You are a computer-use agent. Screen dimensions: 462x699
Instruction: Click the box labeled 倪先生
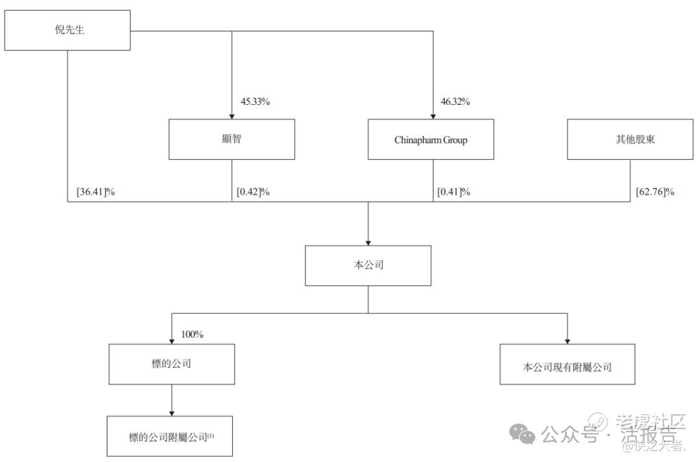click(x=67, y=30)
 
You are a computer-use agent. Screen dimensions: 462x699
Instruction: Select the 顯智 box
click(x=232, y=139)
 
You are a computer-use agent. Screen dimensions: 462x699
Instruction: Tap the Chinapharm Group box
click(x=431, y=139)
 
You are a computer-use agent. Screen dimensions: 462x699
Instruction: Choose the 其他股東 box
click(x=630, y=139)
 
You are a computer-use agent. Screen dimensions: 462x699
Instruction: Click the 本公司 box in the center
click(x=368, y=265)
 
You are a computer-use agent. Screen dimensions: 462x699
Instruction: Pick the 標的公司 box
click(x=171, y=364)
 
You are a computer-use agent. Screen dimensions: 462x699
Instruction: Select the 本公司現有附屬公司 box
click(x=567, y=367)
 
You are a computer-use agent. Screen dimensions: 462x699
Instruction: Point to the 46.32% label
click(x=455, y=102)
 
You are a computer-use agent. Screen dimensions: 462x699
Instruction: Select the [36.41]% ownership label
click(x=95, y=192)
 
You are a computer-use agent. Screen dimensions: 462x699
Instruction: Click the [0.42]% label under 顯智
click(x=253, y=192)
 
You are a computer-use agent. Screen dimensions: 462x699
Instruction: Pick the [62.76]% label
click(x=655, y=192)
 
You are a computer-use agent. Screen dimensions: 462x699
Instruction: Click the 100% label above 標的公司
click(x=192, y=335)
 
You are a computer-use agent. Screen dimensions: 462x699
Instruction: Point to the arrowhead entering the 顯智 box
click(x=232, y=115)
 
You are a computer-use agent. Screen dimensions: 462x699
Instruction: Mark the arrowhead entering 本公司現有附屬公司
click(x=567, y=340)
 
